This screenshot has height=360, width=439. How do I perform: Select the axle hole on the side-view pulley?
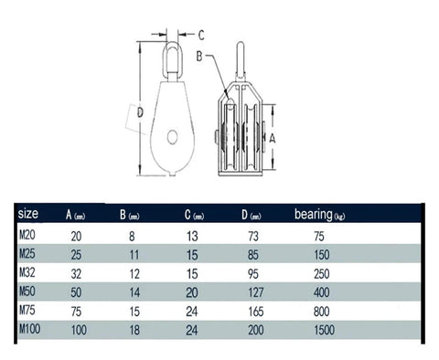click(x=172, y=138)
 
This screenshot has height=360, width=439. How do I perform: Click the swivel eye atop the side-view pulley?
click(x=170, y=58)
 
